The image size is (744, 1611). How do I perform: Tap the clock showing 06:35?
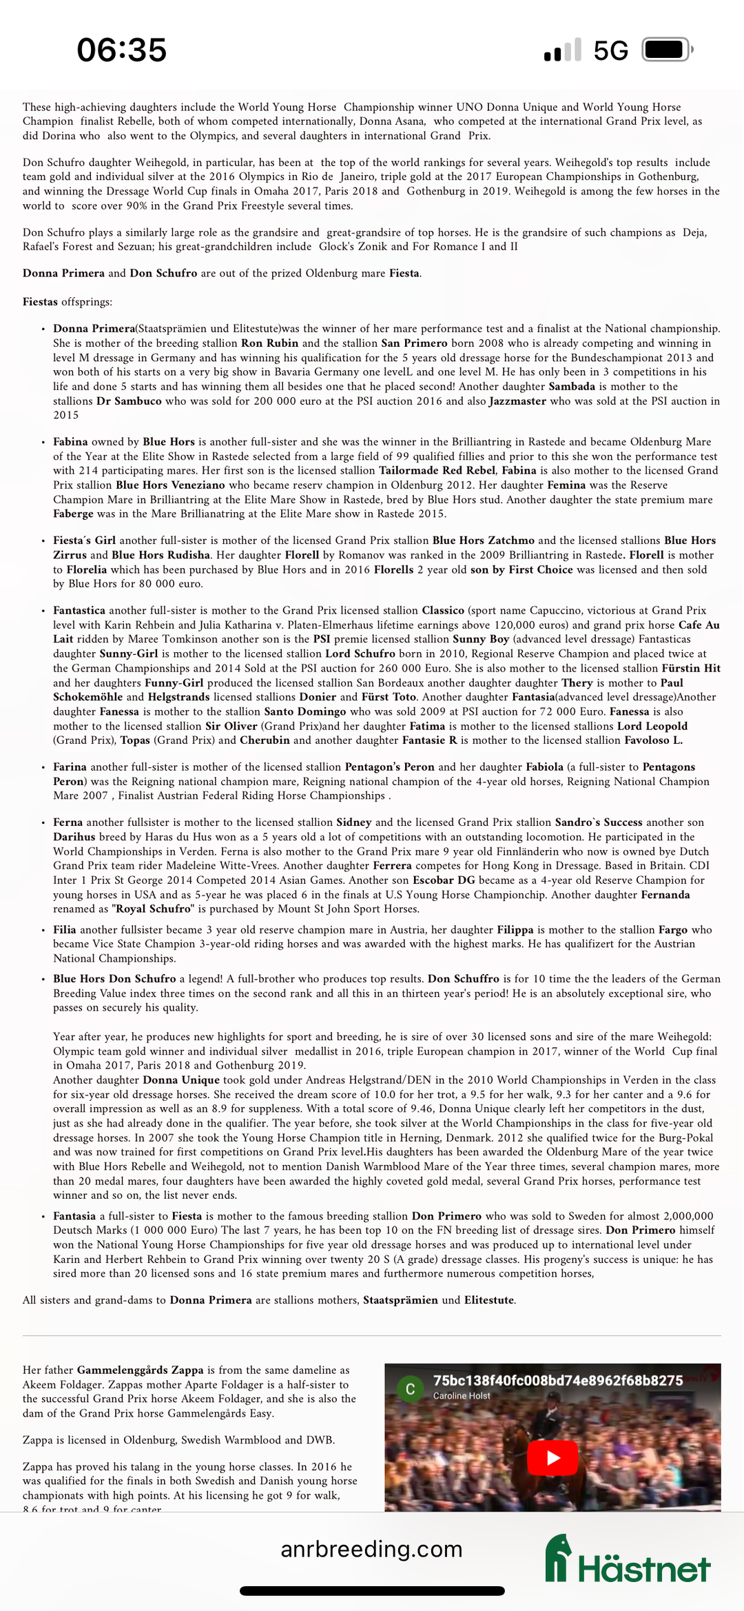click(121, 50)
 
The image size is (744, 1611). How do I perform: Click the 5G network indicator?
click(610, 51)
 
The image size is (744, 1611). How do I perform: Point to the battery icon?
click(667, 50)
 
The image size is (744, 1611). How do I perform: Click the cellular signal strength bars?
click(562, 50)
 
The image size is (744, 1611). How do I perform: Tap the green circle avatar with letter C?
click(410, 1389)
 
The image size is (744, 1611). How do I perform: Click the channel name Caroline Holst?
click(462, 1396)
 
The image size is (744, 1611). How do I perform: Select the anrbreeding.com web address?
click(371, 1549)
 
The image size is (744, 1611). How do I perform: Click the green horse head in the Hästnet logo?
click(558, 1557)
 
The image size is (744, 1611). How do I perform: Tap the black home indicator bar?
click(372, 1592)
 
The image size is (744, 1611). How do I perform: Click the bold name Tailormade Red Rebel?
click(437, 470)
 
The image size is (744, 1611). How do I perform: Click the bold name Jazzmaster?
click(517, 401)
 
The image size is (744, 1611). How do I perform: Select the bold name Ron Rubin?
click(269, 343)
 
